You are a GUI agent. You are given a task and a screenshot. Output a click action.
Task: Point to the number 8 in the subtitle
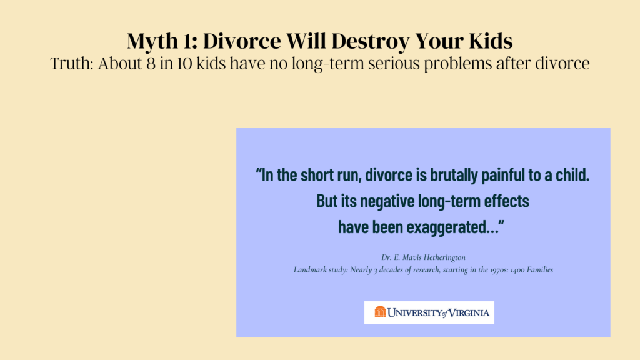point(151,64)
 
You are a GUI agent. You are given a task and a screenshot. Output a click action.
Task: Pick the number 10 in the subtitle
point(184,64)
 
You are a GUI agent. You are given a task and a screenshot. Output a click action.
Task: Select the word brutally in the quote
point(454,175)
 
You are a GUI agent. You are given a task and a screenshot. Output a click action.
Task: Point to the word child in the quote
point(572,174)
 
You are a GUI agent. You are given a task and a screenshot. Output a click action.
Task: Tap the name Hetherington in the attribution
point(445,257)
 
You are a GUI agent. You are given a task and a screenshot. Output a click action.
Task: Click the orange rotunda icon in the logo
point(380,311)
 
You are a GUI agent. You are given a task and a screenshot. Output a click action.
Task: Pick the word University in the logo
point(415,312)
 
